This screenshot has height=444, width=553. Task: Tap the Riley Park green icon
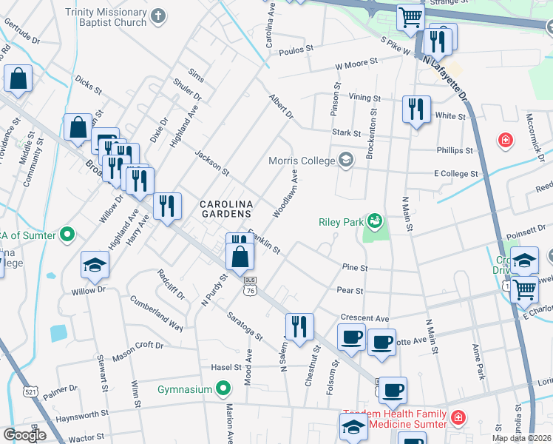click(x=376, y=220)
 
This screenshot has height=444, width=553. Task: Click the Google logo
click(x=24, y=434)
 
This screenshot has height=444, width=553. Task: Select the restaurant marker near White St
click(x=416, y=110)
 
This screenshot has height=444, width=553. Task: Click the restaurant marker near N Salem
click(x=299, y=326)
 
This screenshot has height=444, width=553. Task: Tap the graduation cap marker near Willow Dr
click(x=95, y=264)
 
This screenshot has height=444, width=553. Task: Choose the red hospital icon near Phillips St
click(x=506, y=139)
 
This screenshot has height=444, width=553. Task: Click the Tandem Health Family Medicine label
click(x=394, y=419)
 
